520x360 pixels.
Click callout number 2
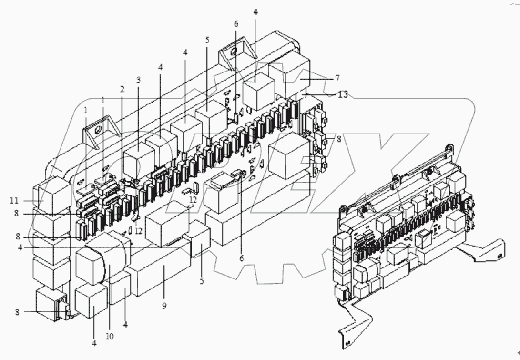tap(122, 89)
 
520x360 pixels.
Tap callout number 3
tap(138, 80)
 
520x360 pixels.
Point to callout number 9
tap(164, 306)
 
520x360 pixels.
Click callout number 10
tap(109, 336)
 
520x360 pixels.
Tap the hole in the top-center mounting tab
tap(233, 53)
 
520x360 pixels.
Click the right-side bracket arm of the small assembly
tap(481, 250)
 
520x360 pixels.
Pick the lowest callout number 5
tap(201, 281)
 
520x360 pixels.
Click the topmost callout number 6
tap(236, 24)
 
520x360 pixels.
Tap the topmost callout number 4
tap(255, 12)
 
